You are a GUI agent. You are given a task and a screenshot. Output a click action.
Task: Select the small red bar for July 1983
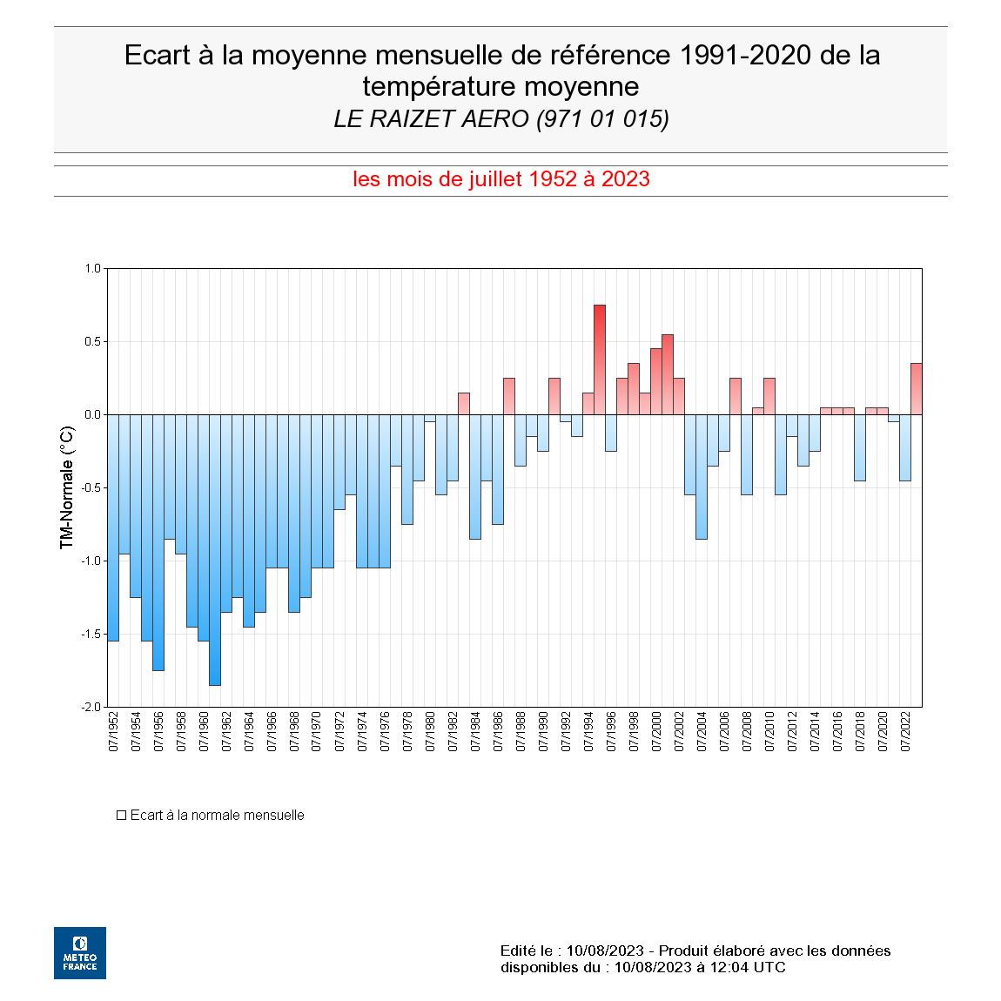[x=464, y=404]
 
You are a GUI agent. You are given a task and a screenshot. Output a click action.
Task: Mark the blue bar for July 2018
[x=860, y=447]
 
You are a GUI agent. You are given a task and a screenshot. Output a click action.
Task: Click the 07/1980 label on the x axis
[x=430, y=731]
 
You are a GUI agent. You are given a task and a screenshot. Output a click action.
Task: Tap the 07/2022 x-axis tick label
[x=905, y=731]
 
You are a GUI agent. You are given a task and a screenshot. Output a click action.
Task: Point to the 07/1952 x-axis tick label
[x=113, y=731]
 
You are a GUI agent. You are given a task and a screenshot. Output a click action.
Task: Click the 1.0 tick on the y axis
[x=93, y=268]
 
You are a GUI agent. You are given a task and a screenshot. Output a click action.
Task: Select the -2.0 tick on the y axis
[x=91, y=707]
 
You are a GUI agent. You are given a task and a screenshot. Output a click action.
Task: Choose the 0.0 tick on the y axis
[x=93, y=414]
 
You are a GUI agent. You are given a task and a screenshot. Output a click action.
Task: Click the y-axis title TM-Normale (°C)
[x=67, y=487]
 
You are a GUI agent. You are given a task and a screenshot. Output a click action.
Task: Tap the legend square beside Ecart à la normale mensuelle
[x=122, y=816]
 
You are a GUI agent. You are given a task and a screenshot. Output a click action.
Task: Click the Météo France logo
[x=80, y=953]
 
